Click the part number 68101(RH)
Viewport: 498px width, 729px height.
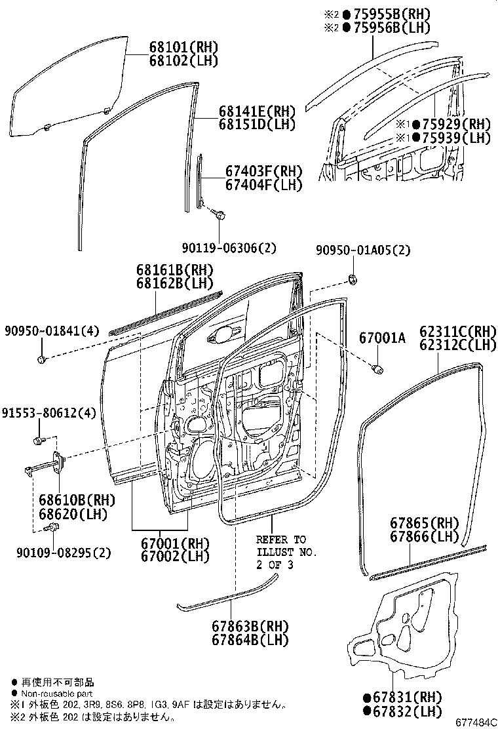[183, 48]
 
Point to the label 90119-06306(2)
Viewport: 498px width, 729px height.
[229, 247]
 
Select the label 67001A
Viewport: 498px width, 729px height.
[382, 338]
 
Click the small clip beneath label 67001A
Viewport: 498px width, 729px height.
[378, 370]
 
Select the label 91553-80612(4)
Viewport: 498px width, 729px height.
[48, 414]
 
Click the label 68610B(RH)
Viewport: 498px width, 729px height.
[76, 500]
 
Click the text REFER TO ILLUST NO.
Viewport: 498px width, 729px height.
[286, 546]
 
